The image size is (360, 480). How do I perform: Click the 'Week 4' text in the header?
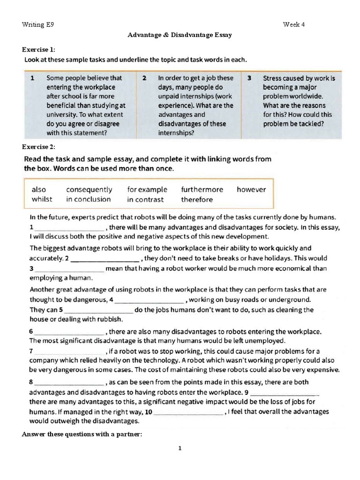coord(294,24)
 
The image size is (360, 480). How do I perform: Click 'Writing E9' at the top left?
coord(38,24)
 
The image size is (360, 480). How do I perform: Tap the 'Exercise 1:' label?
coord(39,49)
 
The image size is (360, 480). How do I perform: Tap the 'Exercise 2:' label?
coord(39,146)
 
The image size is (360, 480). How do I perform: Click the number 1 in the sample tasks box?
coord(32,78)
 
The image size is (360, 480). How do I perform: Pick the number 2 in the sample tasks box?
coord(145,78)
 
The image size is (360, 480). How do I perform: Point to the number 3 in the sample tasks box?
coord(250,78)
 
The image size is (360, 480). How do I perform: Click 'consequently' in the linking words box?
coord(89,189)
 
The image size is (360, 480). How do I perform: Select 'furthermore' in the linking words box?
coord(202,189)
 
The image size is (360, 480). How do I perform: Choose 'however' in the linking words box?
coord(251,189)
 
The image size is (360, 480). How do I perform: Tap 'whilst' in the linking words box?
coord(42,199)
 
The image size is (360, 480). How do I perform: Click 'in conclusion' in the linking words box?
coord(89,199)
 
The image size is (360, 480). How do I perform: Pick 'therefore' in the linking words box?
coord(197,199)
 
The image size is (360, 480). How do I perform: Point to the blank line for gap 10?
coord(188,414)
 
